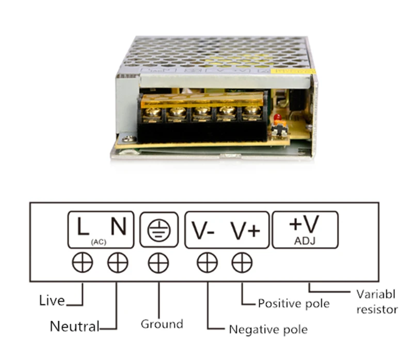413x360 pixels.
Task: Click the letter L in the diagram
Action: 83,226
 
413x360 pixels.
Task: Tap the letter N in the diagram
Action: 119,226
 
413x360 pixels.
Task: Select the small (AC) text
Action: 99,242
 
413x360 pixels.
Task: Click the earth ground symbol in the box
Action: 159,230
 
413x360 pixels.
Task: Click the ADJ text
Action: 305,241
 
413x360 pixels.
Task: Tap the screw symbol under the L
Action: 83,262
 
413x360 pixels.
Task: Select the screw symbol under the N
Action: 118,262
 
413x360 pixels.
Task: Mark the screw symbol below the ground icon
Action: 158,263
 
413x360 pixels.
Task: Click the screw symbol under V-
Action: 208,262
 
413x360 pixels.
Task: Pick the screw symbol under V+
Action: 242,262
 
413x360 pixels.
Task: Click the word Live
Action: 52,301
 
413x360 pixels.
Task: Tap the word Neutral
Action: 74,326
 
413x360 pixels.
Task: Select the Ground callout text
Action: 162,324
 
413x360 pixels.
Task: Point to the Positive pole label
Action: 294,304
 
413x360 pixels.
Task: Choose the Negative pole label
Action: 268,330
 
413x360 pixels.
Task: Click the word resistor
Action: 377,310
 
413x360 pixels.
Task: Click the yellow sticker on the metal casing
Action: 293,71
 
